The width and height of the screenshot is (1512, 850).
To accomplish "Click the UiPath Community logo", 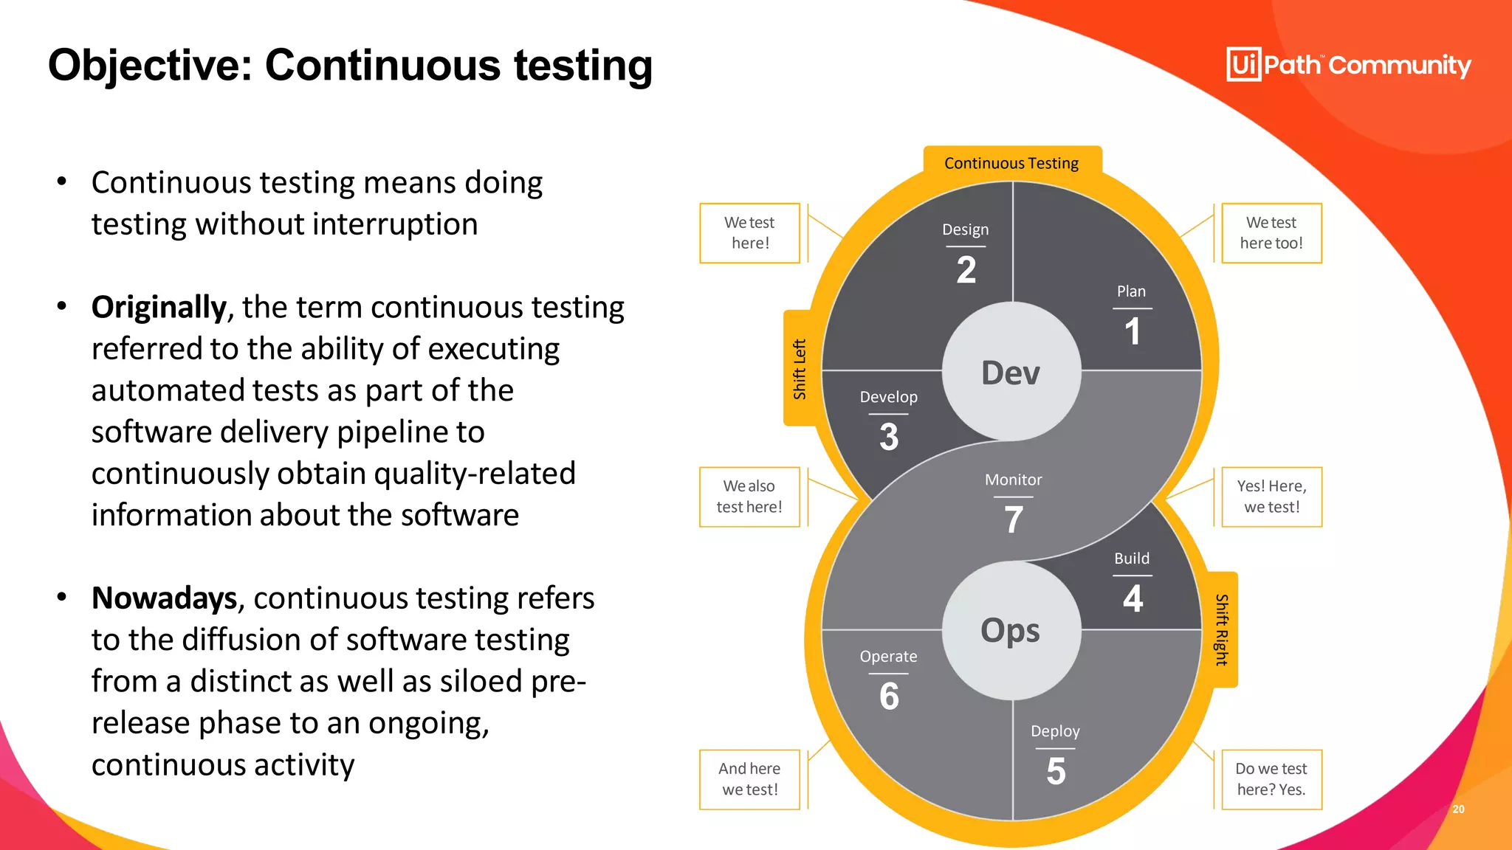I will click(x=1348, y=65).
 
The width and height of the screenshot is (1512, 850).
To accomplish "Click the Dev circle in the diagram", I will click(x=1011, y=373).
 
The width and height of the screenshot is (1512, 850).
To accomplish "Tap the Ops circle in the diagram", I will click(x=1011, y=631).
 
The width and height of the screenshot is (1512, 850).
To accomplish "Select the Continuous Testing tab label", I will click(x=1011, y=163).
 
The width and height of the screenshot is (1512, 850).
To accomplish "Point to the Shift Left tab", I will click(x=800, y=369).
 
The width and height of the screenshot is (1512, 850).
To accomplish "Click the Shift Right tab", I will click(x=1222, y=629).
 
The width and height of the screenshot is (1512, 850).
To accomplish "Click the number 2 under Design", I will click(x=966, y=270).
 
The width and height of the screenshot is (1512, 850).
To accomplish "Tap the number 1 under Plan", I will click(x=1132, y=331).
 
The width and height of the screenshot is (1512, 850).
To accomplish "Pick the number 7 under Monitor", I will click(x=1014, y=519).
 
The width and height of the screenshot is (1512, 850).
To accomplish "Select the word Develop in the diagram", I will click(x=888, y=397).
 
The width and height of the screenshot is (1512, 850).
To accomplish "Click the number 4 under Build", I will click(x=1133, y=598).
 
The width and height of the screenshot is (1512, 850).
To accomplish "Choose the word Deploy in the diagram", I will click(x=1055, y=731).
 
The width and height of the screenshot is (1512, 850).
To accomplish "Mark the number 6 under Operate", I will click(x=889, y=697).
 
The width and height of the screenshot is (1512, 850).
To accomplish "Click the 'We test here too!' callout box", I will click(x=1271, y=233).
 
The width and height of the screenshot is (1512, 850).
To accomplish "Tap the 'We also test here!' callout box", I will click(x=749, y=497).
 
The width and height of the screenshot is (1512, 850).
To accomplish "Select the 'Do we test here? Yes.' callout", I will click(x=1271, y=779).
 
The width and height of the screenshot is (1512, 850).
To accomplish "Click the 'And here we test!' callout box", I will click(x=749, y=779).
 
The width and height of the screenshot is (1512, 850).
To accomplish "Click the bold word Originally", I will click(x=159, y=307).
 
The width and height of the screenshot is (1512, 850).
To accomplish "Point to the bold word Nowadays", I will click(x=164, y=598).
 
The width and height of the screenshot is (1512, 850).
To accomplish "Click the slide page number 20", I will click(x=1458, y=809).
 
